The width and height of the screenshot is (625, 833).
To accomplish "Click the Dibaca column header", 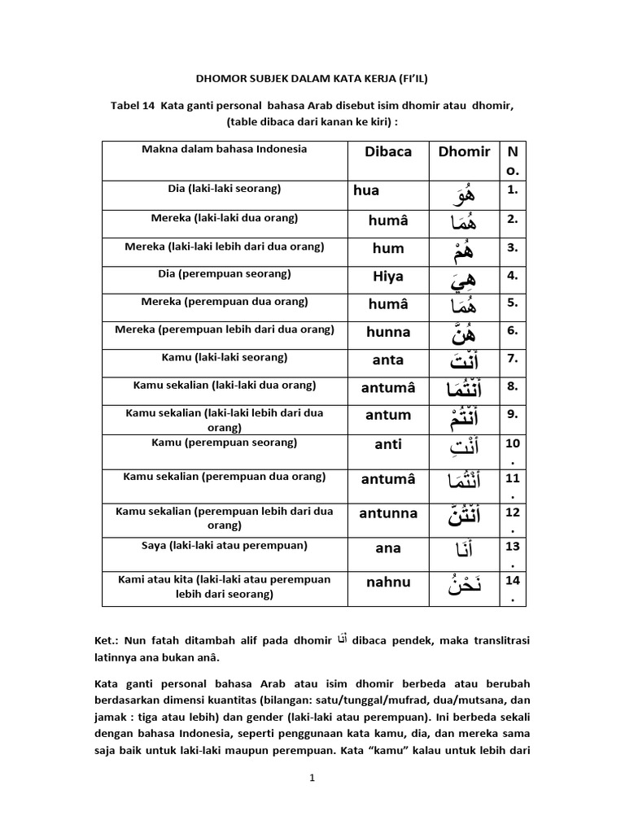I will [x=388, y=151].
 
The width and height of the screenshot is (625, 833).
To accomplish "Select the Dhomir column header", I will [x=464, y=151].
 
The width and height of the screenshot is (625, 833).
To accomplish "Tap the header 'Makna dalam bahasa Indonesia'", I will [x=225, y=149].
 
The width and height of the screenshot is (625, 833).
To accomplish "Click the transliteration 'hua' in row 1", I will [x=366, y=190].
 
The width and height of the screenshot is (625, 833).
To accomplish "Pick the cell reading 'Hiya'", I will [x=388, y=277].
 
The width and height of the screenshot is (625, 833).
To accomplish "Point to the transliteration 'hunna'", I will [x=388, y=332].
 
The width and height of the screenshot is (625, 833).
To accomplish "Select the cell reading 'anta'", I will [x=388, y=360].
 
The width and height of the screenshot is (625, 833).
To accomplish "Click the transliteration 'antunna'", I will [x=388, y=513].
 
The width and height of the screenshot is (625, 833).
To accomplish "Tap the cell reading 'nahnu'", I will [x=388, y=582].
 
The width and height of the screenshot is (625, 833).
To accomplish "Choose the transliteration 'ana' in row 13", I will [x=388, y=548].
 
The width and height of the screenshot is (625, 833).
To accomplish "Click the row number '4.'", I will [x=512, y=276].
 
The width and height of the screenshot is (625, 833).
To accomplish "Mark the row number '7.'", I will [x=512, y=359].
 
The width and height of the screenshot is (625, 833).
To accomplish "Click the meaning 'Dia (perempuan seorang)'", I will [x=225, y=274].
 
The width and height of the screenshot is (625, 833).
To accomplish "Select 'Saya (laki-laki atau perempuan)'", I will [x=225, y=544].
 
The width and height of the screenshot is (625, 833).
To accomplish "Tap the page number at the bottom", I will [x=312, y=778].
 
